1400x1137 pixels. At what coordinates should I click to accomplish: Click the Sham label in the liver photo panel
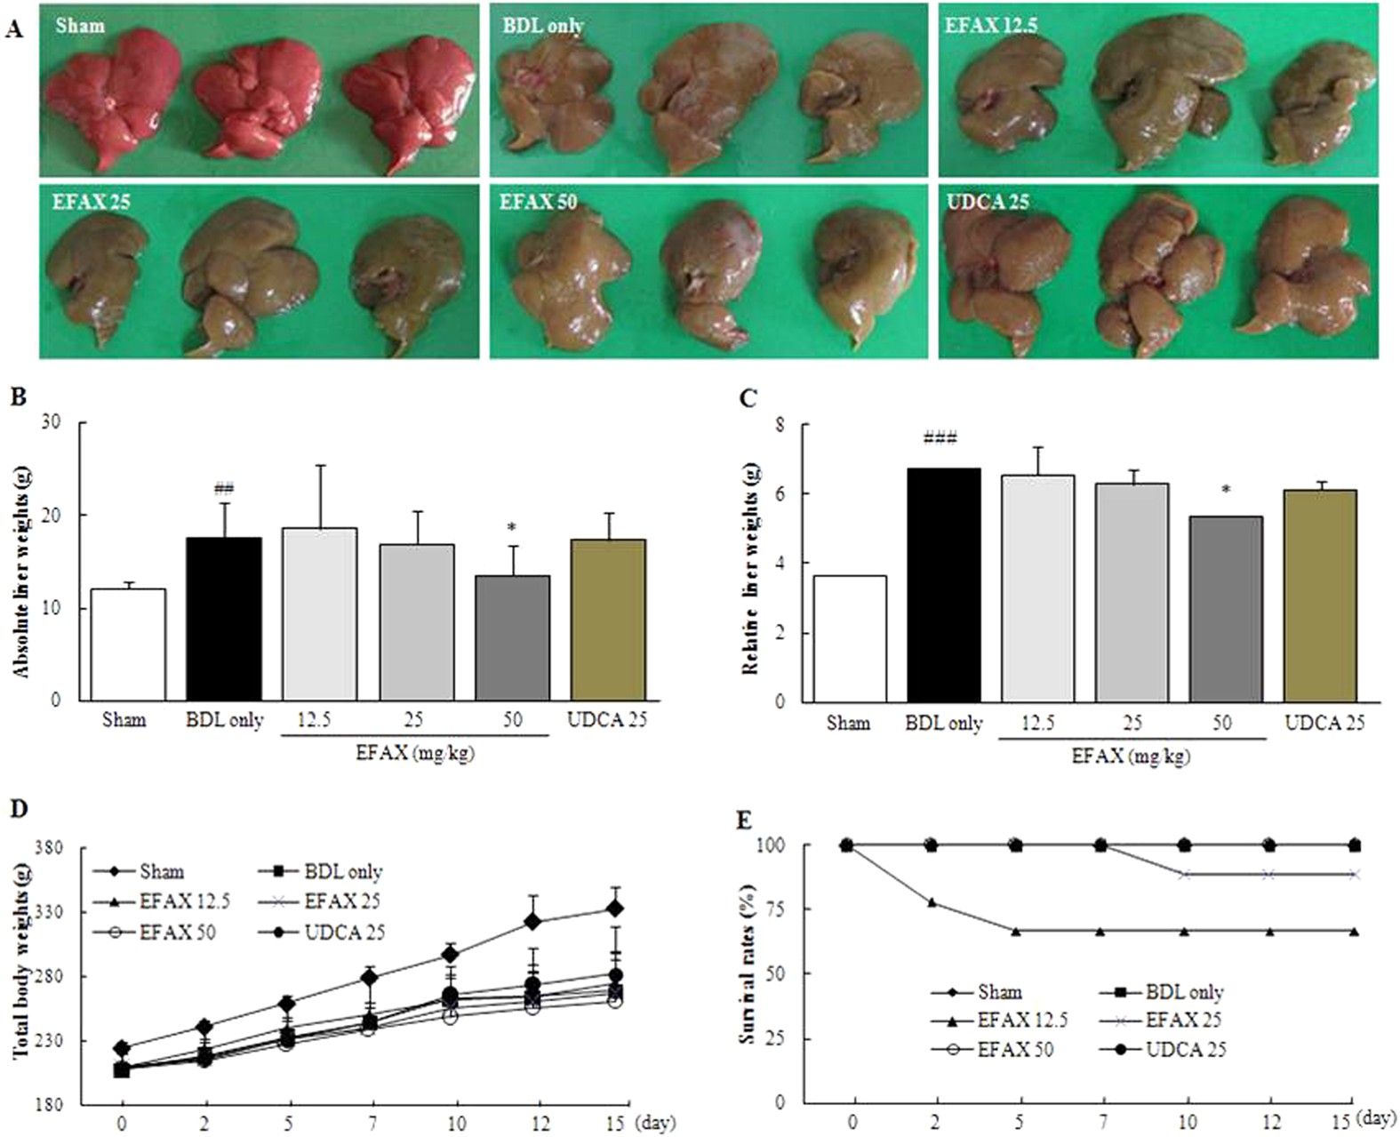80,25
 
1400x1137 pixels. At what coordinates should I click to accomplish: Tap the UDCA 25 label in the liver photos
988,202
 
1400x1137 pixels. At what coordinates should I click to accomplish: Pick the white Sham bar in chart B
128,644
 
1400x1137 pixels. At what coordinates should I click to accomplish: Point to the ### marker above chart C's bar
940,438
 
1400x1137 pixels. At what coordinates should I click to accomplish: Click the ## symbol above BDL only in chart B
224,488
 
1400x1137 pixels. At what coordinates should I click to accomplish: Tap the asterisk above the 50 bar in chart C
1226,490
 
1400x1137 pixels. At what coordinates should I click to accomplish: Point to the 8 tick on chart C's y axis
780,425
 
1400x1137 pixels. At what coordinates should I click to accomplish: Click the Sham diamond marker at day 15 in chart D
613,909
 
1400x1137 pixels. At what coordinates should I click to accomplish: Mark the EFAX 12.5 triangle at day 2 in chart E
932,902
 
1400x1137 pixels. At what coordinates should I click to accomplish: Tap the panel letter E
745,819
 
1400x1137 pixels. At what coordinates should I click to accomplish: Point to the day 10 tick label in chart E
1187,1122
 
